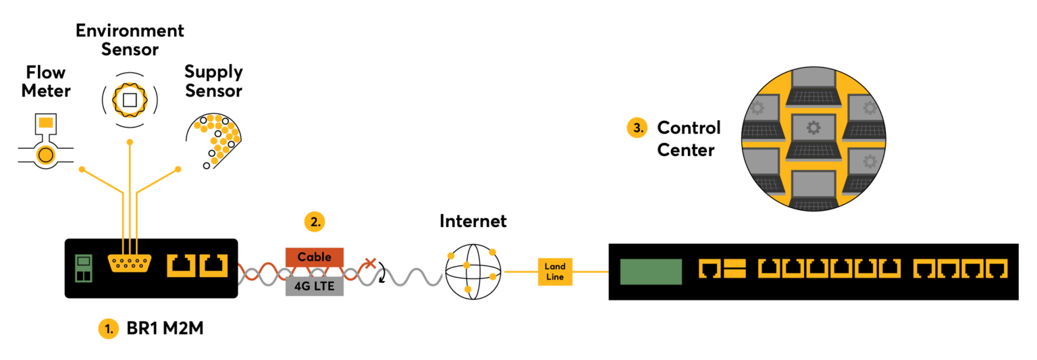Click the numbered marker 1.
tap(108, 329)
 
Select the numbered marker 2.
tap(314, 221)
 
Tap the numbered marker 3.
tap(637, 127)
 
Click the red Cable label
tap(314, 257)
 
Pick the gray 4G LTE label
tap(314, 286)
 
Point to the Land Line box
tap(555, 272)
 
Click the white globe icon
tap(473, 272)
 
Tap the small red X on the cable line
tap(370, 263)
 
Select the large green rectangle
tap(651, 272)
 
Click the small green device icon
tap(83, 268)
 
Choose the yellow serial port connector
tap(129, 263)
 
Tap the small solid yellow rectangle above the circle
tap(46, 122)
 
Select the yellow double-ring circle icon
tap(46, 155)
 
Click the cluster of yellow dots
tap(218, 137)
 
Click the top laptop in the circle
tap(813, 86)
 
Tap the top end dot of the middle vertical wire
tap(130, 142)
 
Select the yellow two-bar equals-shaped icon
tap(733, 269)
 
